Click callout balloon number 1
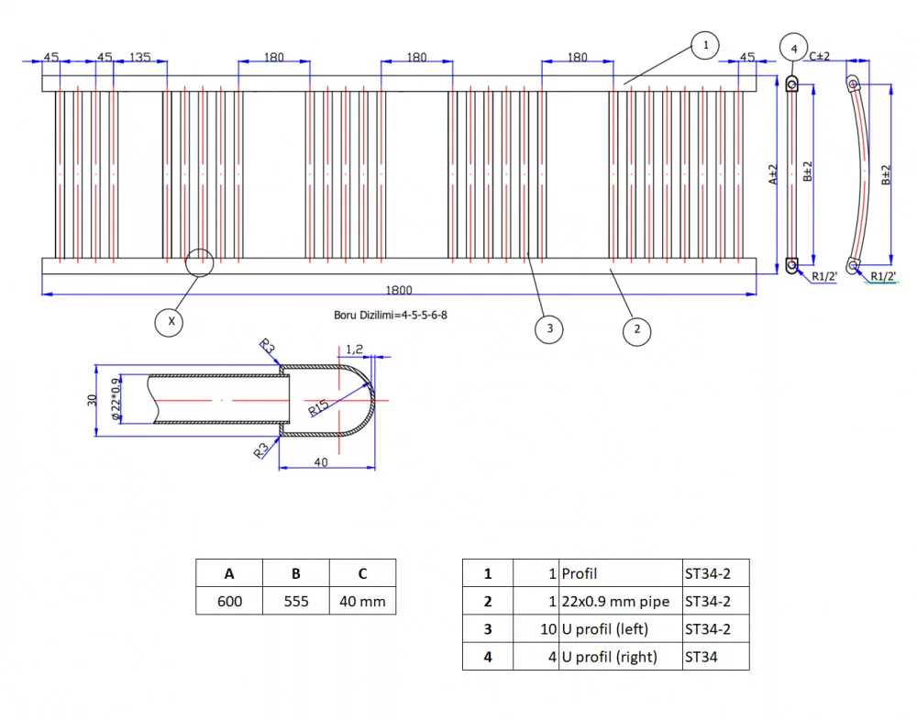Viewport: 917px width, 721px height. click(704, 44)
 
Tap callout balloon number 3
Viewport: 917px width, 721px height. click(548, 328)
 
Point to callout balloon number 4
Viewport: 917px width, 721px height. click(793, 48)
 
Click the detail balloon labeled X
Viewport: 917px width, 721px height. click(169, 321)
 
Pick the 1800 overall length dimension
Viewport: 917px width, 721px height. click(399, 290)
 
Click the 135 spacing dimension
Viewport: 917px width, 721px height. click(139, 57)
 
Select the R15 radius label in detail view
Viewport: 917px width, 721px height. click(319, 405)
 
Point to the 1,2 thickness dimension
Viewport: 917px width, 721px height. click(355, 349)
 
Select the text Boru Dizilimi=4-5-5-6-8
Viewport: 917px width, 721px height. click(391, 315)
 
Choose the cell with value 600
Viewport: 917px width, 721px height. click(229, 601)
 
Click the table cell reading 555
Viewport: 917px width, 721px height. click(295, 601)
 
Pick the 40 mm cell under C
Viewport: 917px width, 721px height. click(362, 601)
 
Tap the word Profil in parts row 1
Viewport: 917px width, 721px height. click(579, 573)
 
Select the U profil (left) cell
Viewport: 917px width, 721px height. click(609, 629)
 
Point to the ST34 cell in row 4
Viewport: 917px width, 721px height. click(702, 657)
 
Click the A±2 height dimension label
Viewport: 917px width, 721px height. click(772, 174)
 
